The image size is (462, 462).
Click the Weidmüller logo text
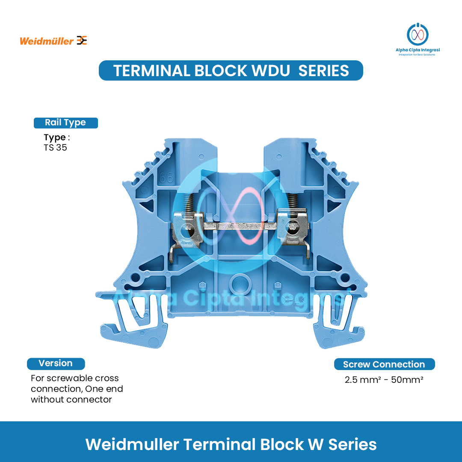pos(47,41)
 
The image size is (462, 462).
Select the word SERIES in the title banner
pos(323,71)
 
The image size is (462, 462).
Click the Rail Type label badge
pos(65,123)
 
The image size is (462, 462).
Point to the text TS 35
pos(55,148)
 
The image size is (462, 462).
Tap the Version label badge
pos(56,364)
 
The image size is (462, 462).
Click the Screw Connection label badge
pos(384,364)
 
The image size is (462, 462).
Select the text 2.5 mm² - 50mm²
pos(384,379)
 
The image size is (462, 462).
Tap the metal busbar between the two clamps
pos(240,225)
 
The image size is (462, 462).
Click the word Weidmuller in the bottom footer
pos(132,444)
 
